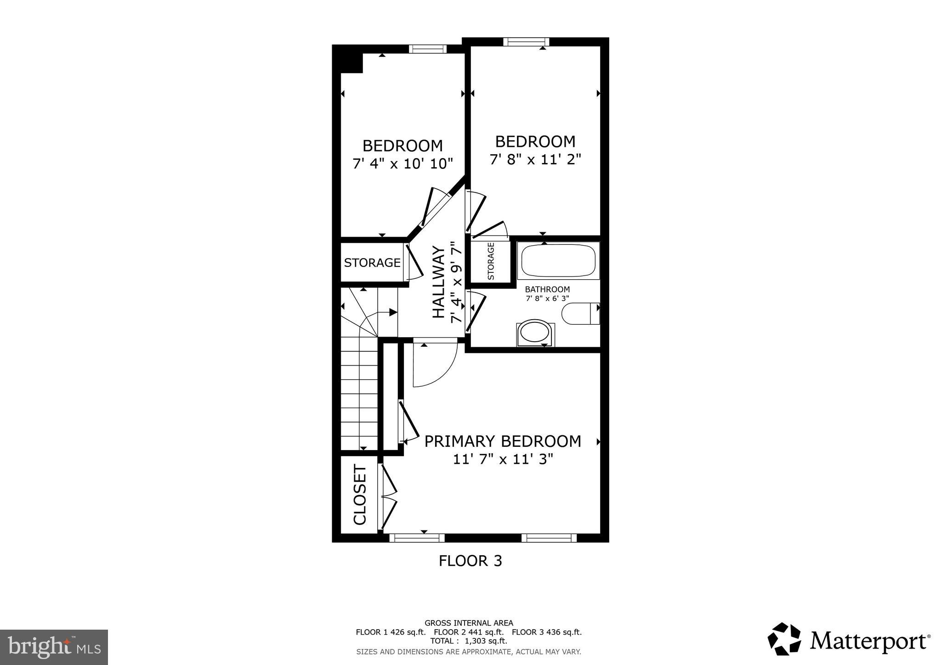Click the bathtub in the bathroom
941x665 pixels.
click(558, 261)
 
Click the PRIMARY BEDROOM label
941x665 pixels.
click(502, 441)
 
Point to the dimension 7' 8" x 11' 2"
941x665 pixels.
click(535, 160)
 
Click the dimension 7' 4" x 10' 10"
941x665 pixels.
click(402, 163)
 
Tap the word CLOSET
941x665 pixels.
click(360, 495)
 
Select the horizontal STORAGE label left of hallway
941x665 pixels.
click(372, 263)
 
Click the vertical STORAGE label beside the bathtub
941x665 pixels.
click(491, 261)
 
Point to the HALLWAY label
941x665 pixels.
click(439, 282)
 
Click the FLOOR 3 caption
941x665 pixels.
click(470, 561)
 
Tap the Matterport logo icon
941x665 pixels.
click(784, 639)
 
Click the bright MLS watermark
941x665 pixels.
click(54, 648)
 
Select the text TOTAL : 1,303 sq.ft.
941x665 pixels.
click(469, 641)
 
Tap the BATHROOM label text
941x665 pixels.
click(547, 289)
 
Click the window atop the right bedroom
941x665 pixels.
click(526, 42)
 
